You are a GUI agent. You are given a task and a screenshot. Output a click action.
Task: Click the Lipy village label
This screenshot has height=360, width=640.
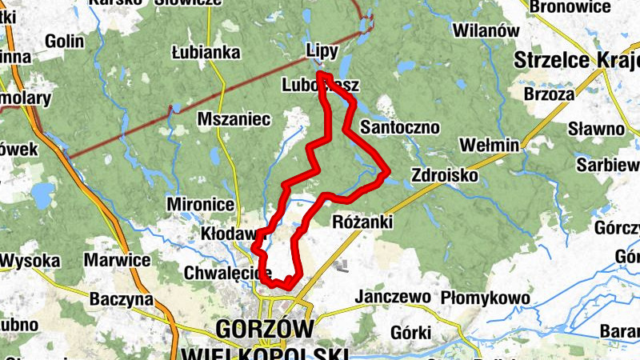tap(323, 50)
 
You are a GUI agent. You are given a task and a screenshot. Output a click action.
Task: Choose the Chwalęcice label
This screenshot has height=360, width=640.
tap(228, 272)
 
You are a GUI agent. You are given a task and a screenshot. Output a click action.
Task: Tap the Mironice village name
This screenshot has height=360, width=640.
tap(200, 204)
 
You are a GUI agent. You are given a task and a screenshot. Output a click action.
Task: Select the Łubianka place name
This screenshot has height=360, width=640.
tap(206, 53)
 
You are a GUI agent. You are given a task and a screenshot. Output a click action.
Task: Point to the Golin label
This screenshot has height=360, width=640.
tap(65, 42)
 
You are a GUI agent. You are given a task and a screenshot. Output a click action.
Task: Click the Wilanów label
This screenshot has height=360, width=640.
tap(482, 30)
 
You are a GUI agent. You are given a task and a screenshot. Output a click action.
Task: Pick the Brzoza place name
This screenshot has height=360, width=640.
tap(549, 94)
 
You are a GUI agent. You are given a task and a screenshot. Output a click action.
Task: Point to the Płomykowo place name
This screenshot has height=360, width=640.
tap(486, 298)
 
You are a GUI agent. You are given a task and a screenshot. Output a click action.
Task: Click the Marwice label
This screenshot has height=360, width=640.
tap(118, 261)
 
